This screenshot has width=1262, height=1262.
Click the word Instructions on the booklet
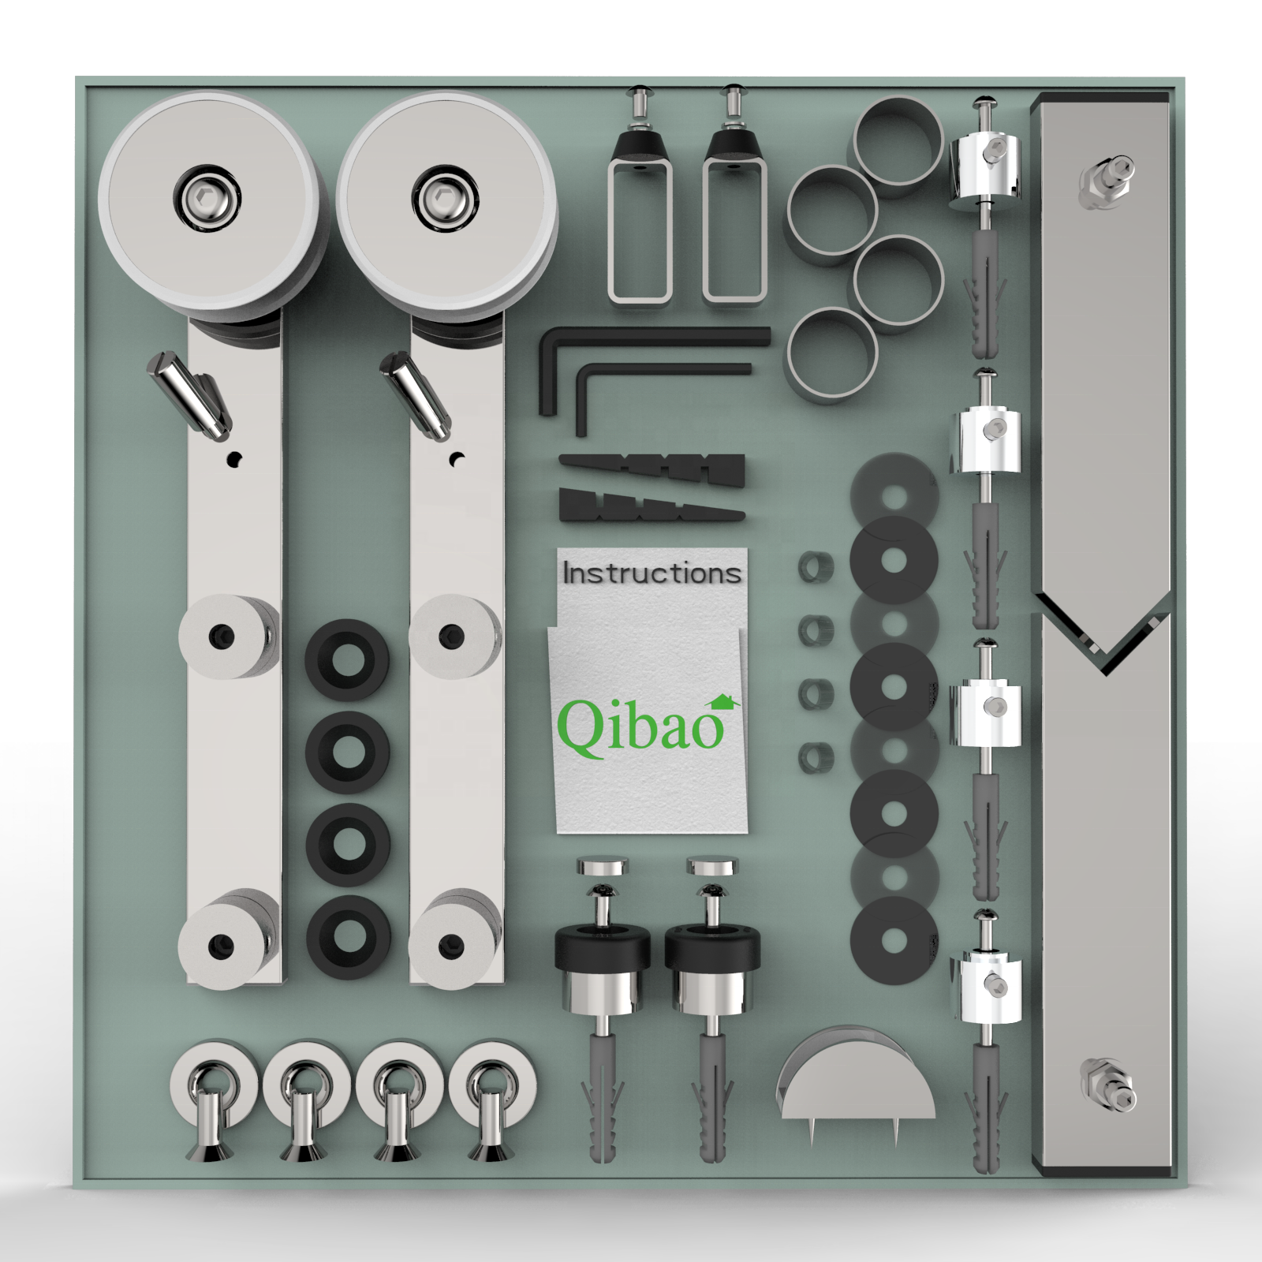[x=652, y=573]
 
